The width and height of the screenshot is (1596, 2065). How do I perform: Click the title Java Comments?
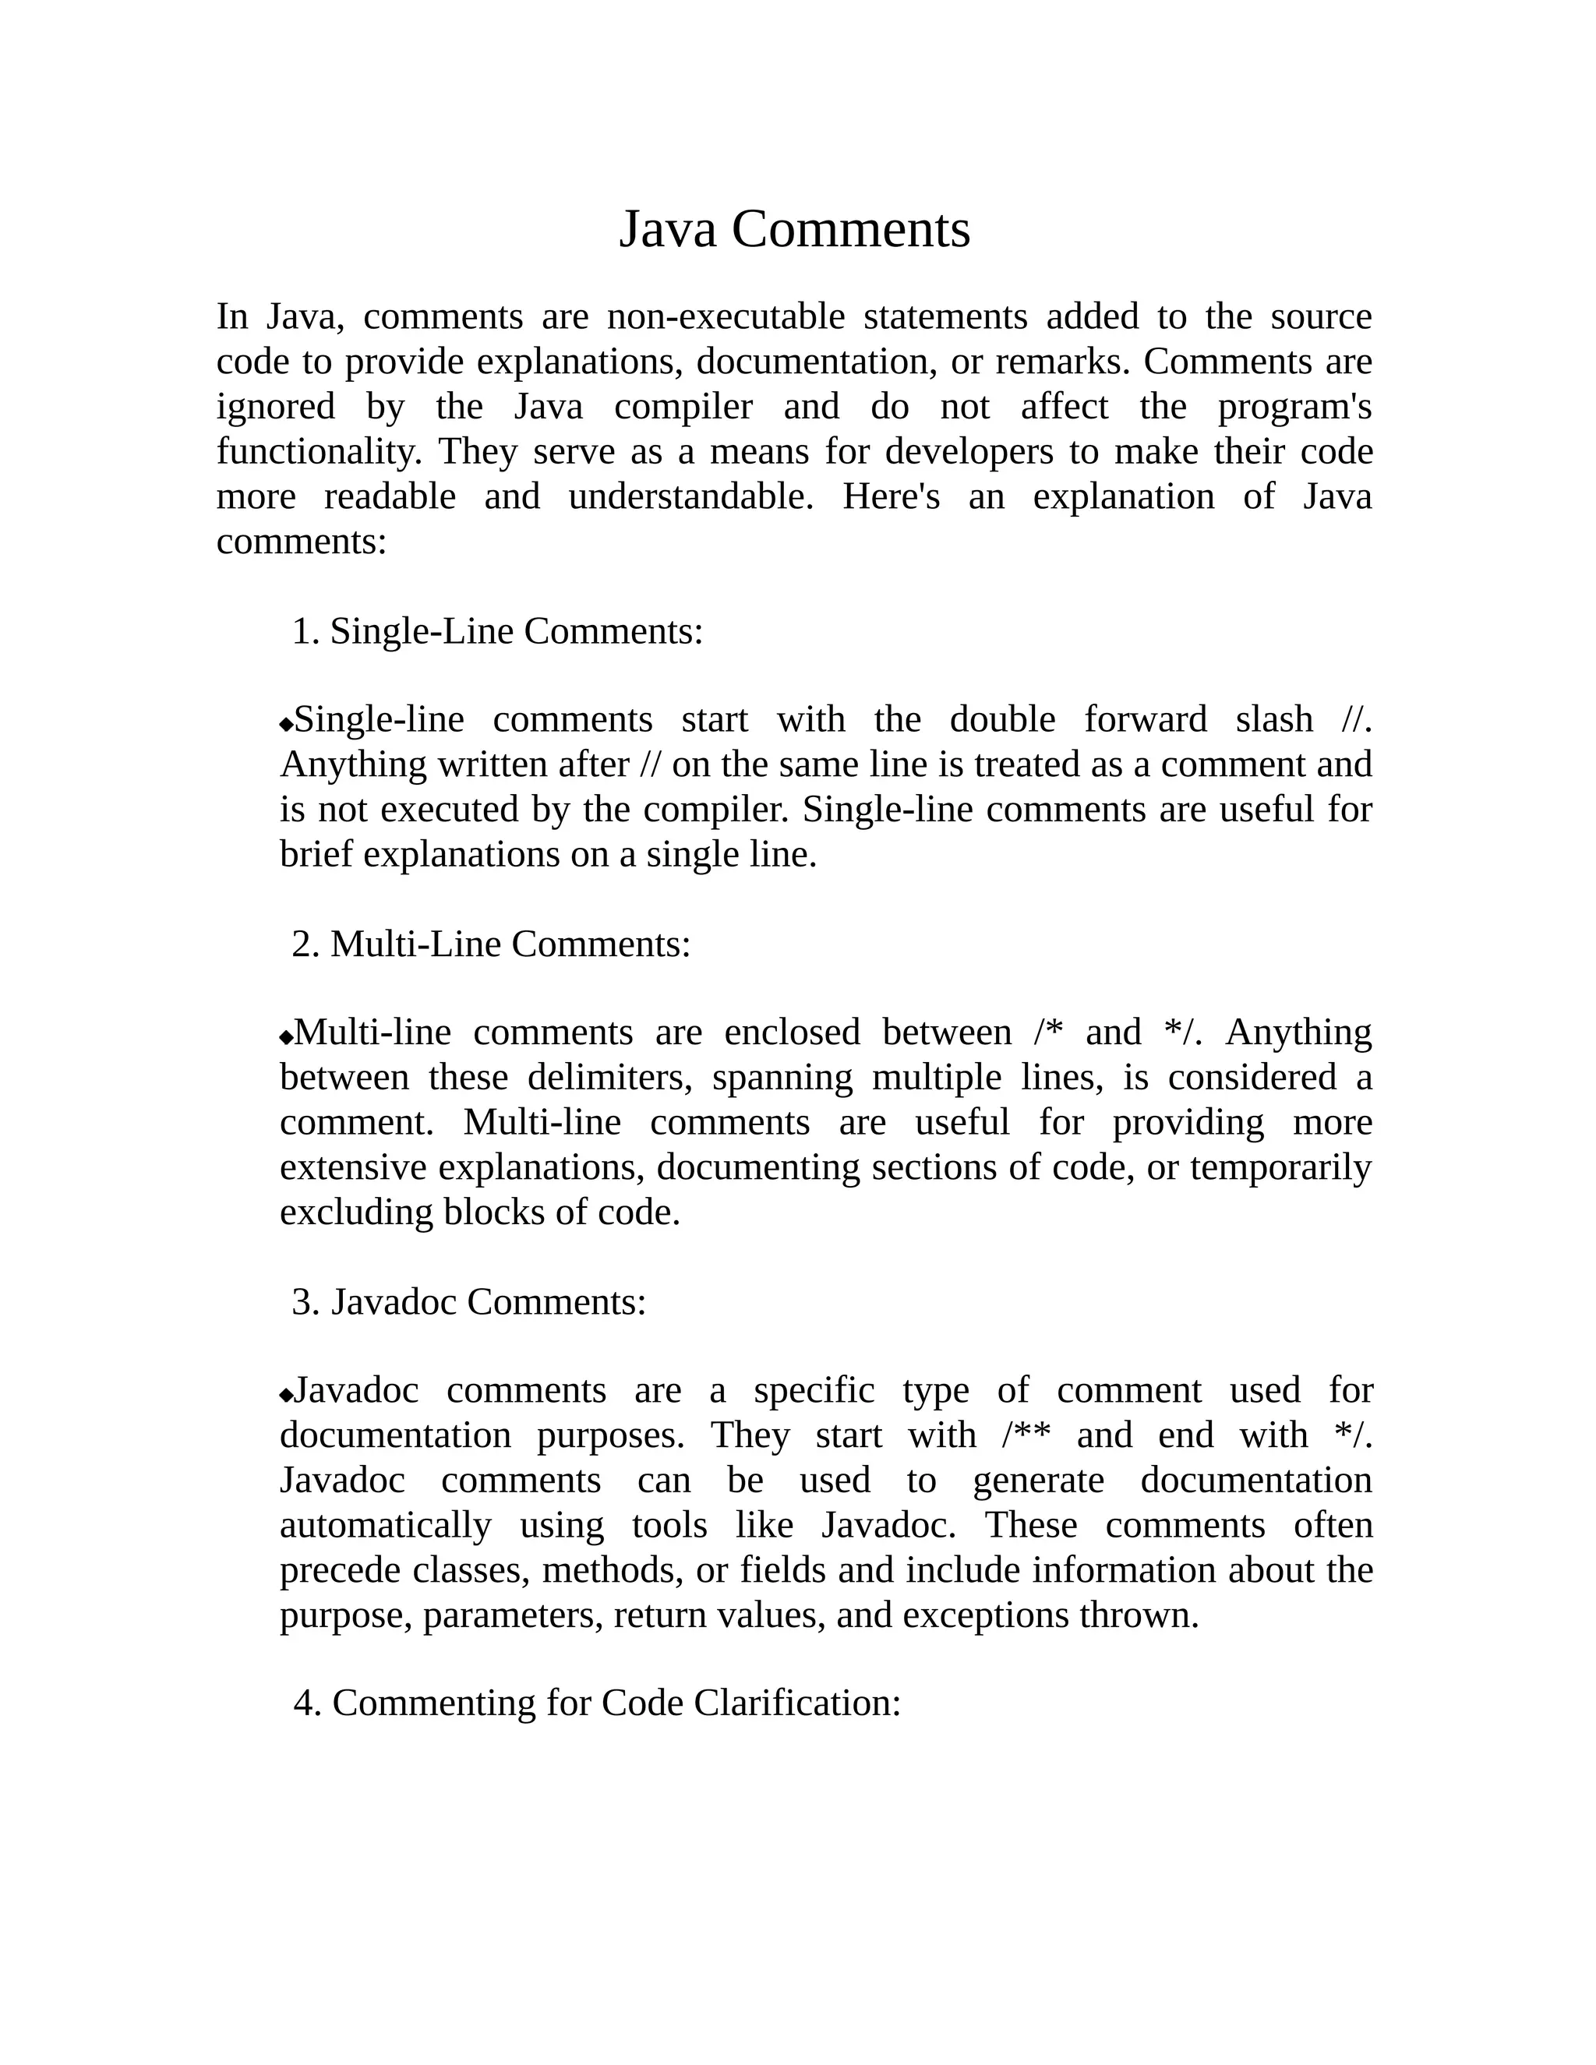[794, 230]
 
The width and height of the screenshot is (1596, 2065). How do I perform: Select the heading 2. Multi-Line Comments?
[491, 944]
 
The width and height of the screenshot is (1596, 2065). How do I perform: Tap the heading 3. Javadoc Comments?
[469, 1302]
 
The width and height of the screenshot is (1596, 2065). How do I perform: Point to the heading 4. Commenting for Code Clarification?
[597, 1703]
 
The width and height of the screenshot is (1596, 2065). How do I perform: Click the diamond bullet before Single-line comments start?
[287, 724]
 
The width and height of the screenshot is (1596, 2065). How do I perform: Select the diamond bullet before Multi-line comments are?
[287, 1037]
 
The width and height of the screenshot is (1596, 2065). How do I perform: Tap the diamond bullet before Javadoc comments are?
[287, 1396]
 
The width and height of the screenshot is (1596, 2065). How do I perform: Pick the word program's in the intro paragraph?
[1294, 408]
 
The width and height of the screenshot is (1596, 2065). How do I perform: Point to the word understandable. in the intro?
[690, 497]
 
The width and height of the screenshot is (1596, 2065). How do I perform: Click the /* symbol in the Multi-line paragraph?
[1049, 1032]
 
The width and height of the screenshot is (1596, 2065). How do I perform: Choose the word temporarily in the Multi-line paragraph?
[1280, 1168]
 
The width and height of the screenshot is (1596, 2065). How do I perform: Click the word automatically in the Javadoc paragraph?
[385, 1526]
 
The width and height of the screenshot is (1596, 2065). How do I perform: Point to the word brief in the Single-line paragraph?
[316, 855]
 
